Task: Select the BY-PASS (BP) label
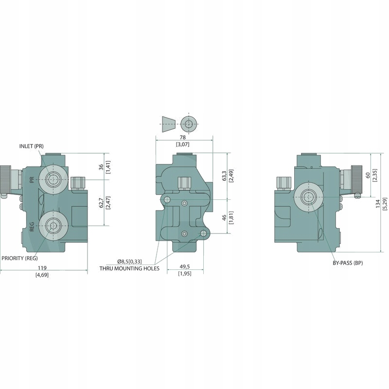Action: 345,263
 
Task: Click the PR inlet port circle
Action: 52,179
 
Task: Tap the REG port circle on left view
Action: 52,225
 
